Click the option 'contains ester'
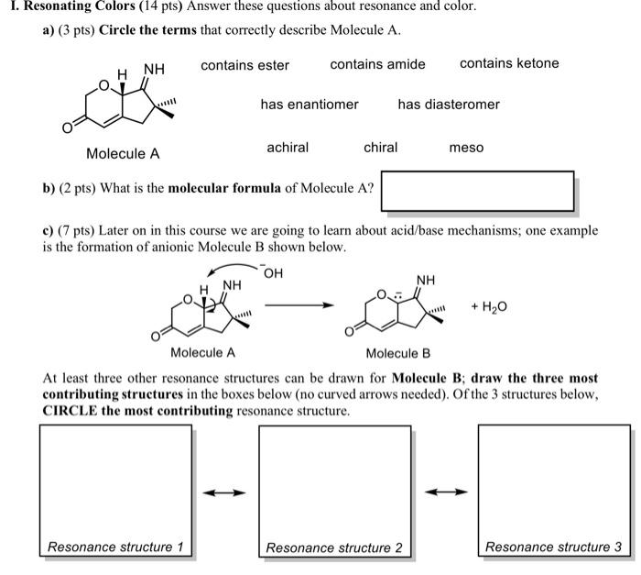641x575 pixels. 244,65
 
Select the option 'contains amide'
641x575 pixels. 377,64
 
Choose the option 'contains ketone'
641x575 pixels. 508,63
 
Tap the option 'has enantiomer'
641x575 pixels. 310,105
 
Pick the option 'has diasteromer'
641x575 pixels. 449,105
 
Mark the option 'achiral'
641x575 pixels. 288,148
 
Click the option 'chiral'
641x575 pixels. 380,148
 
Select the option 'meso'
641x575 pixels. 466,148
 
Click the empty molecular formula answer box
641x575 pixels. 477,191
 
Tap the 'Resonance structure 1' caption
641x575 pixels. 115,547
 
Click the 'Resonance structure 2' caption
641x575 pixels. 334,547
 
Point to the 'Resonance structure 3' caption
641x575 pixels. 553,547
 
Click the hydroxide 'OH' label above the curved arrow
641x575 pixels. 272,272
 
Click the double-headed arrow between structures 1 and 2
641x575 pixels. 224,492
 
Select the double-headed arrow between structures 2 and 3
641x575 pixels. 444,492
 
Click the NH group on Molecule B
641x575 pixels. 426,280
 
